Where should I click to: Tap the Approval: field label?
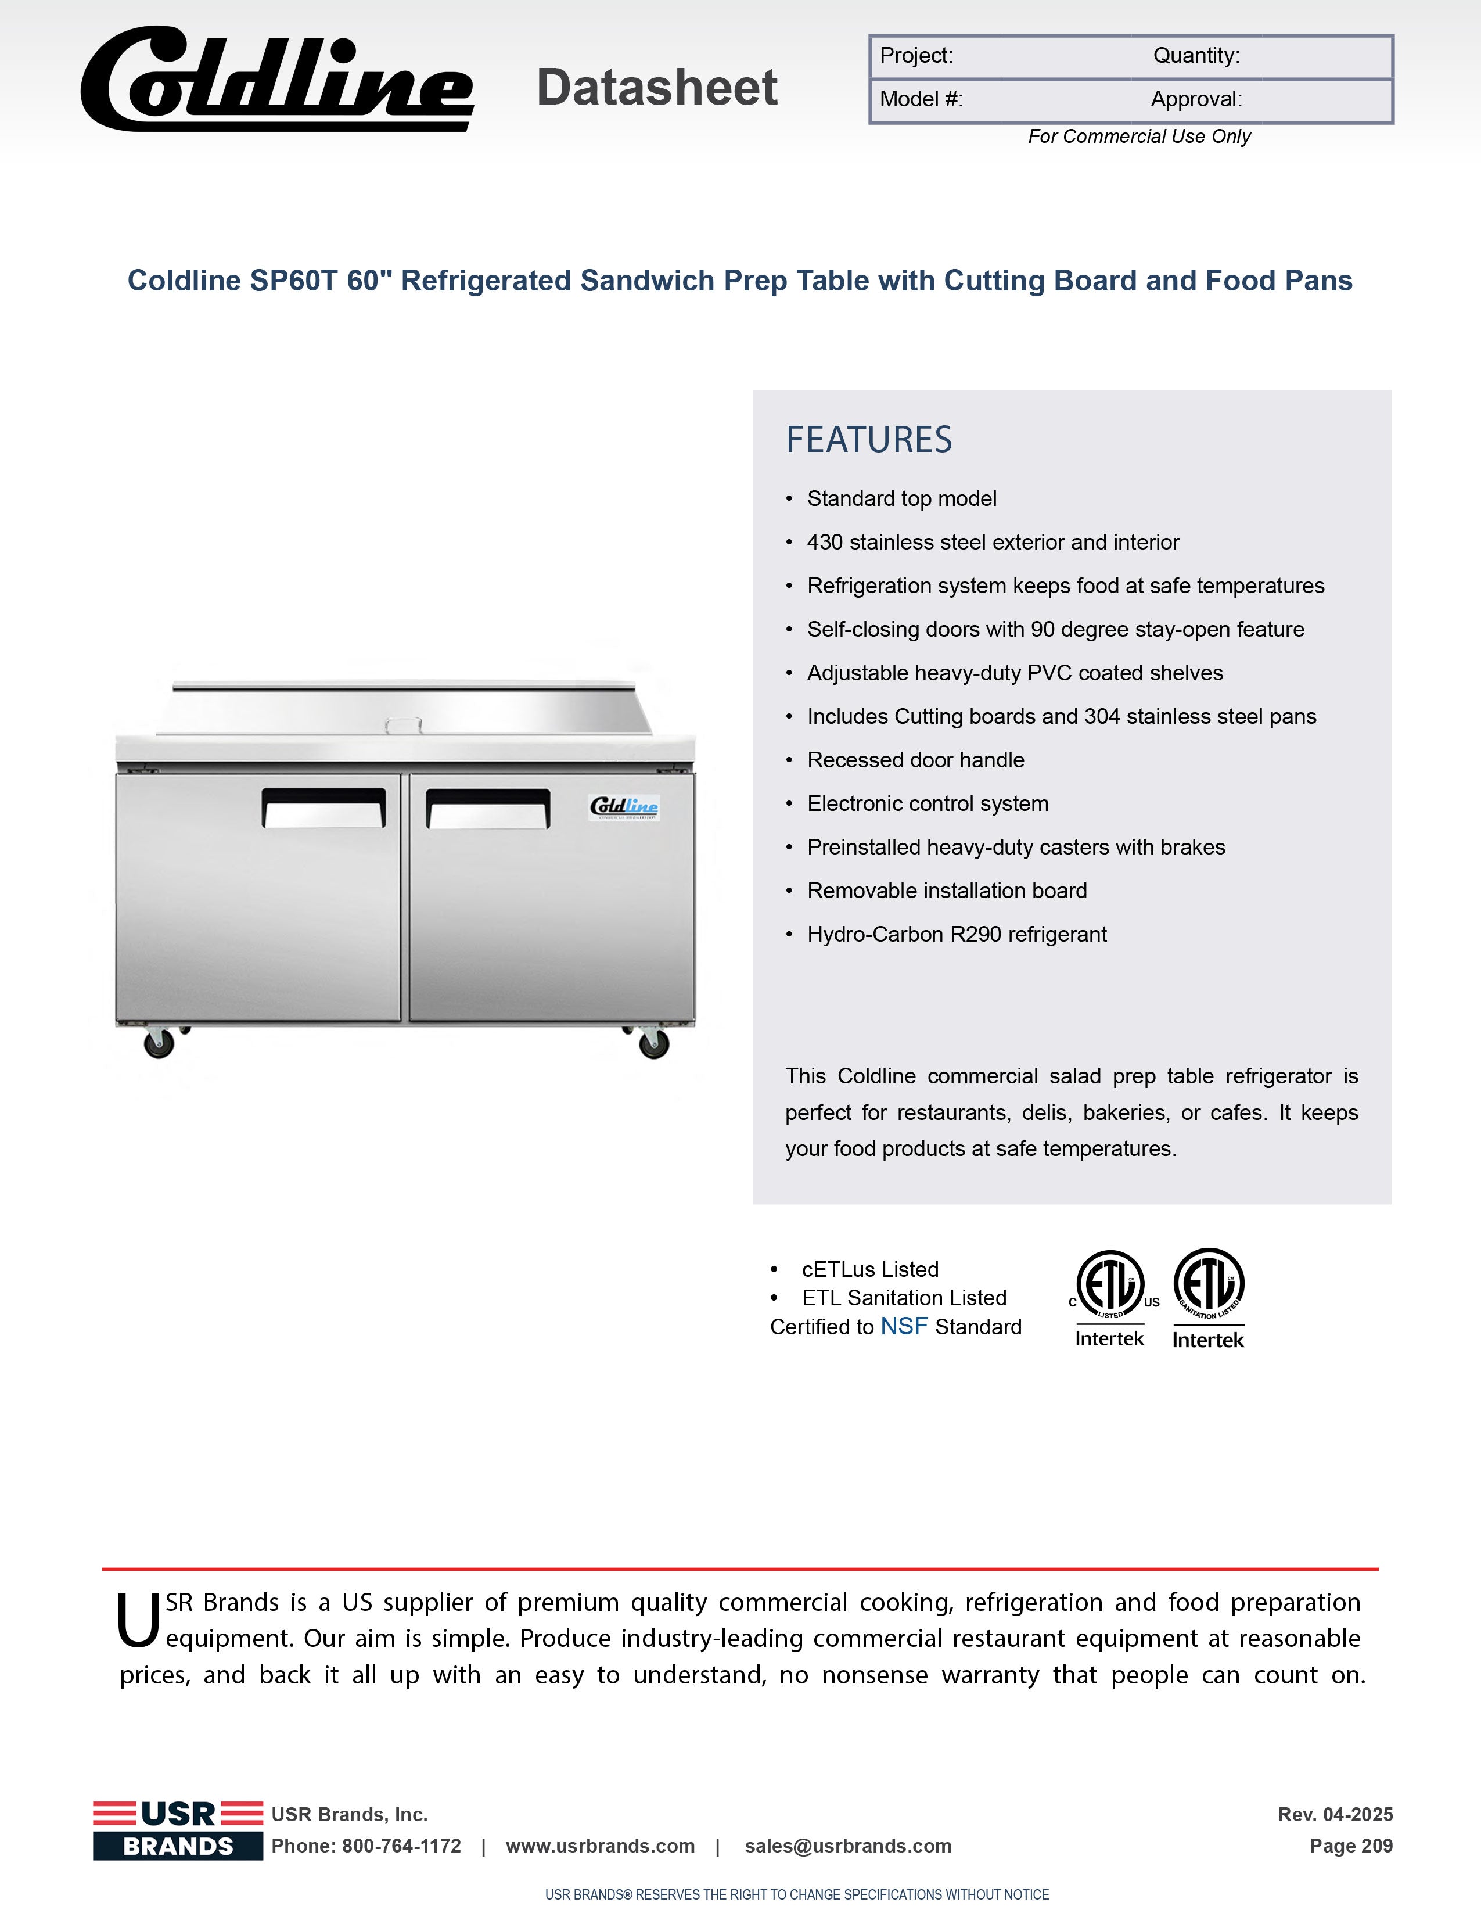(x=1196, y=99)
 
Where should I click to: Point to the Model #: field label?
(x=921, y=99)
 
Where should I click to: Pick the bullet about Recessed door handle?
(x=915, y=760)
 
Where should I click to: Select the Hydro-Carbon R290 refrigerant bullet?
(x=957, y=934)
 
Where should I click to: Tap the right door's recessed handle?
(x=488, y=809)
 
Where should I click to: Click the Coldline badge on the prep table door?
(x=624, y=807)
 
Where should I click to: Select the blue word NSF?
(x=904, y=1326)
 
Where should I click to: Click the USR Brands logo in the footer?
(x=178, y=1829)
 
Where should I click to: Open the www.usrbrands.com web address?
(x=600, y=1846)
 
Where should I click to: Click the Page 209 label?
(x=1350, y=1846)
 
